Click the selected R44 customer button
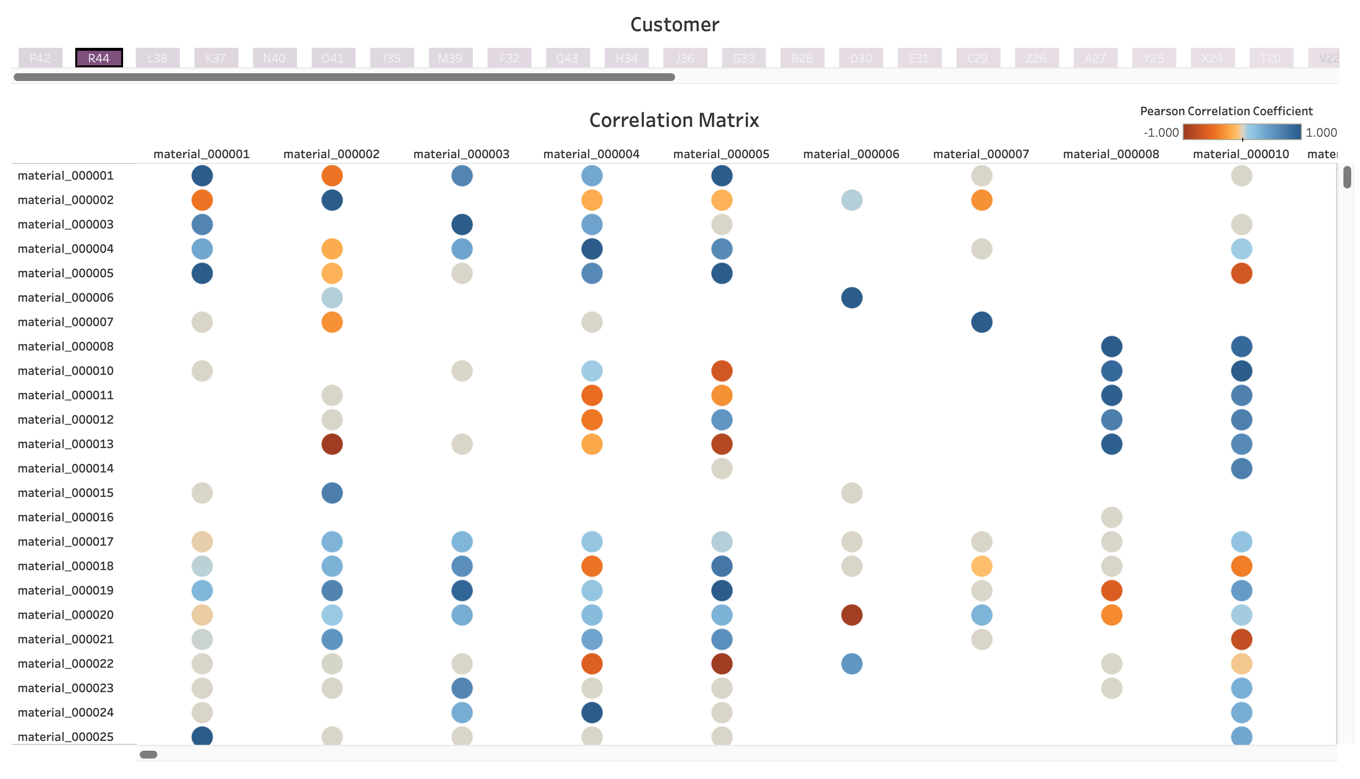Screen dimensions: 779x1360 click(99, 58)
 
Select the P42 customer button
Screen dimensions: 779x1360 click(40, 58)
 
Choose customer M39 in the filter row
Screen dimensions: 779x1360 click(450, 58)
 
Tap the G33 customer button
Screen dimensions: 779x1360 click(744, 58)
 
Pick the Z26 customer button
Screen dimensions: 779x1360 click(1037, 58)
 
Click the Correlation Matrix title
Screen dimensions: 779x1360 click(674, 121)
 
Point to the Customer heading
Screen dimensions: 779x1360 click(675, 24)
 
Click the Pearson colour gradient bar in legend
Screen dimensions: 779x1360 click(1242, 132)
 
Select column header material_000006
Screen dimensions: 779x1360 click(851, 155)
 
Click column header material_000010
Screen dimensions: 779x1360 click(1241, 155)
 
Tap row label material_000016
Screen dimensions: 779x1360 click(66, 517)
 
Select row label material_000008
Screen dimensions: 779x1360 click(66, 347)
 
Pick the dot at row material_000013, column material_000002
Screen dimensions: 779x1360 click(332, 444)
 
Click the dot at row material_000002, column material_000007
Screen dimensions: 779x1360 click(981, 200)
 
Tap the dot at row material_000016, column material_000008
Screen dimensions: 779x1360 click(1111, 517)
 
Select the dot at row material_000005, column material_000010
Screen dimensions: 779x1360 click(1242, 273)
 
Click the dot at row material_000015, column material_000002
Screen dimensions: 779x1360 click(332, 493)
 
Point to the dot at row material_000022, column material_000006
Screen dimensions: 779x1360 click(852, 664)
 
